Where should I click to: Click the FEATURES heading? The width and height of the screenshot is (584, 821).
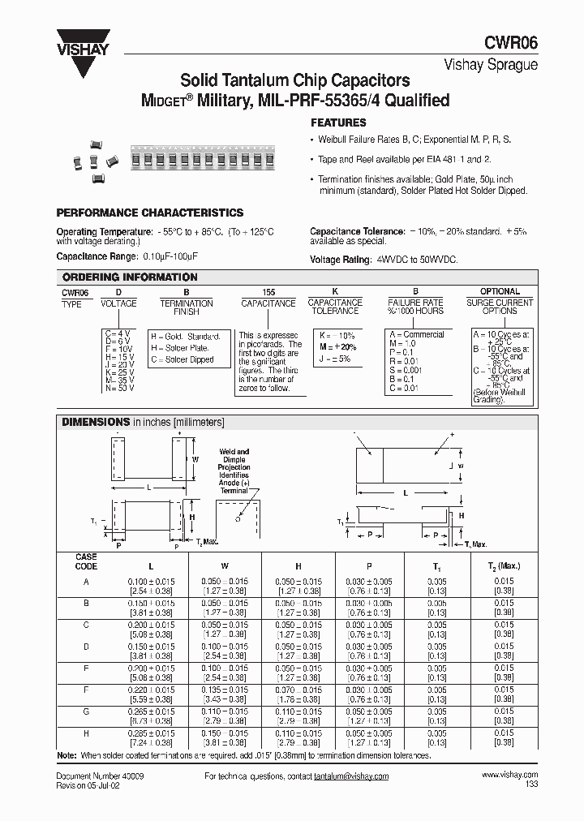pos(339,123)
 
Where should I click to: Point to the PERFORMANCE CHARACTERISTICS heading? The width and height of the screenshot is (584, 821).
pos(149,213)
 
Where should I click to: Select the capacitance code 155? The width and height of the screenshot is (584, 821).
pos(268,292)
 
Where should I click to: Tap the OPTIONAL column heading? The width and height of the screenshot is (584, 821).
pos(500,292)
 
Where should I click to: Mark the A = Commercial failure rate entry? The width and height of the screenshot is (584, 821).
pos(417,334)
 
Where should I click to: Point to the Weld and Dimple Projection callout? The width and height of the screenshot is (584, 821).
pos(234,471)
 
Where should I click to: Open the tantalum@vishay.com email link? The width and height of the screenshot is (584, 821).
pos(352,776)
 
